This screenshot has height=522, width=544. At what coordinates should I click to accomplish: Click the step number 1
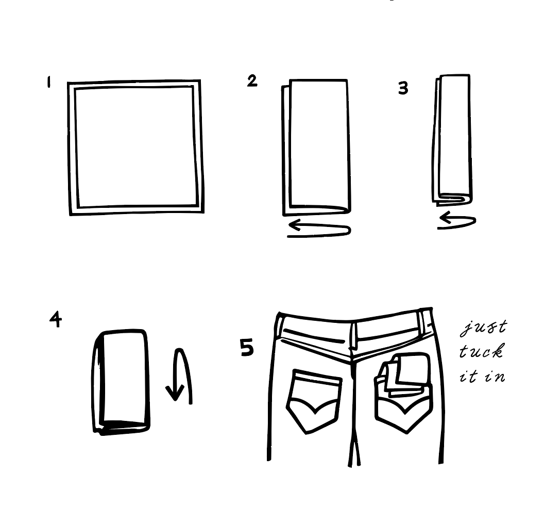point(49,83)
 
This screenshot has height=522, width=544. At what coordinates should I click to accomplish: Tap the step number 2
point(252,81)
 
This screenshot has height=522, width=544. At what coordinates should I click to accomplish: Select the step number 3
point(403,88)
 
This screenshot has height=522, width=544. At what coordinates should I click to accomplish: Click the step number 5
point(247,348)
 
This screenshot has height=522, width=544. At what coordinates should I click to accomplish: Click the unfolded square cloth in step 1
point(135,147)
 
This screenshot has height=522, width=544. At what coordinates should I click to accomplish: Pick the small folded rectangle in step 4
point(123,381)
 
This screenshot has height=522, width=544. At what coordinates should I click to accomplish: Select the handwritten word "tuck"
point(481,352)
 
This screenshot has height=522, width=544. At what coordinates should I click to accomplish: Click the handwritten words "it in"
point(482,376)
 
